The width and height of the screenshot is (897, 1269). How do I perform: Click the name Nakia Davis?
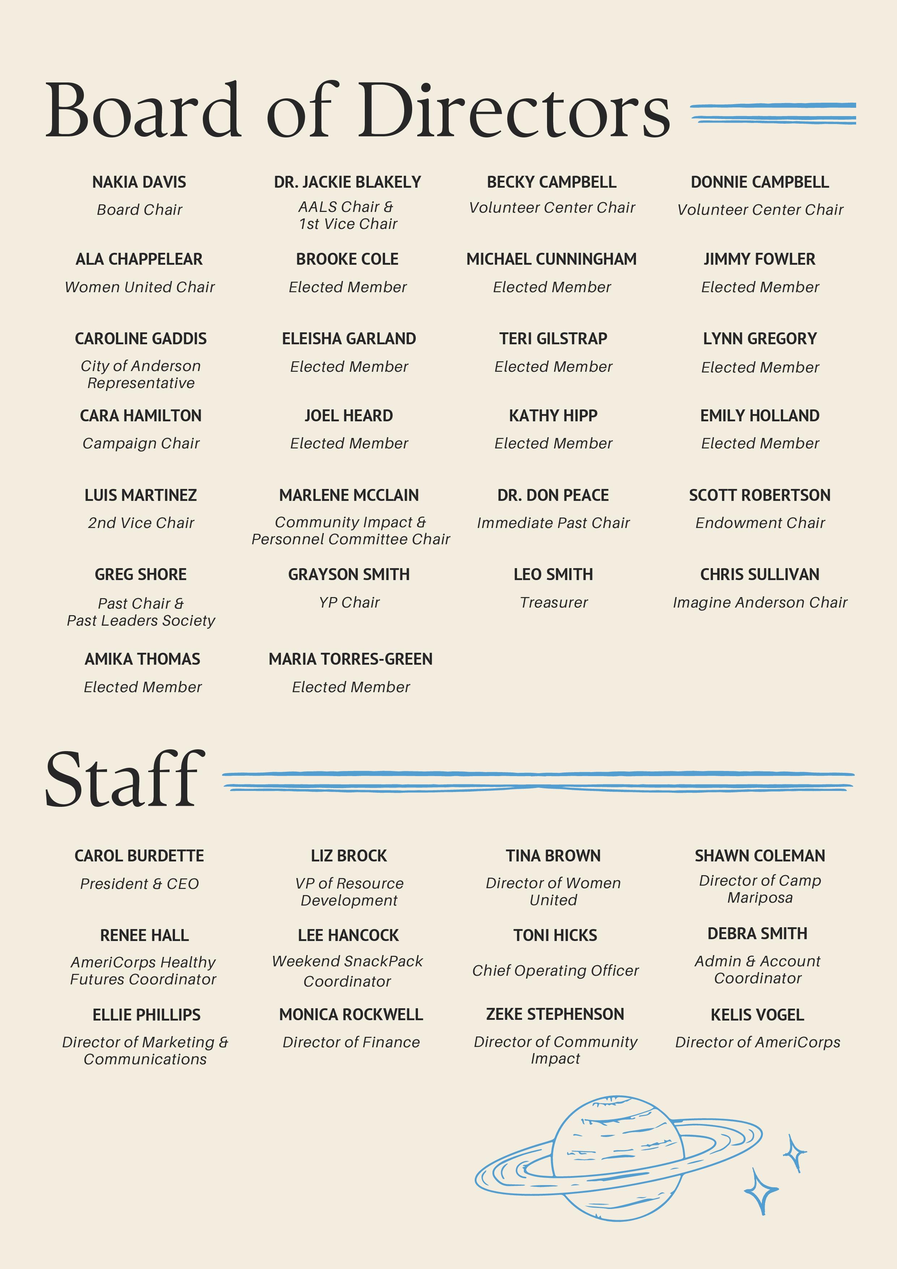tap(139, 182)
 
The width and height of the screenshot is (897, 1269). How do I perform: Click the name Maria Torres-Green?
tap(350, 659)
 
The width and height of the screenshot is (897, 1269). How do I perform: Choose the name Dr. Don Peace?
tap(553, 495)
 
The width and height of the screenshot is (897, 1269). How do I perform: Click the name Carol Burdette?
tap(139, 856)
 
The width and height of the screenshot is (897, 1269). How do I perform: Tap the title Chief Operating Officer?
tap(555, 971)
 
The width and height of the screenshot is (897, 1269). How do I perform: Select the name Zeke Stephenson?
tap(555, 1014)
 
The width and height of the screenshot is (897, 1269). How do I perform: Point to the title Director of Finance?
tap(351, 1042)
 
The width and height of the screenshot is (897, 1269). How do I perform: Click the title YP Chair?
tap(349, 602)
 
